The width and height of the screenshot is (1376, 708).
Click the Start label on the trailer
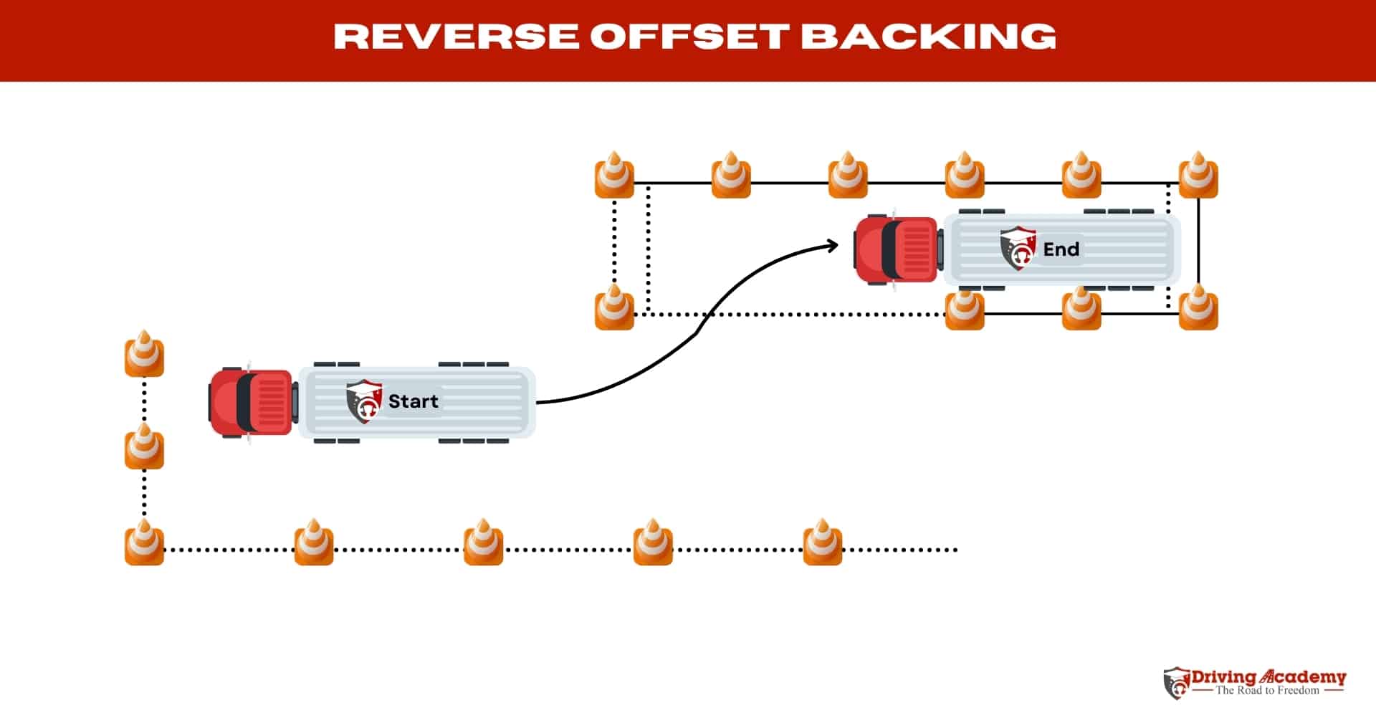click(x=413, y=401)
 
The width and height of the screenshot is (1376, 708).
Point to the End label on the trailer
click(x=1061, y=249)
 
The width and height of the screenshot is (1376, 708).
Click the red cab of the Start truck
click(x=251, y=401)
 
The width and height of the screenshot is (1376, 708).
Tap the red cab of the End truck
click(x=897, y=249)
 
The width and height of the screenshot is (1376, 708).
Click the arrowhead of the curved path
click(x=833, y=246)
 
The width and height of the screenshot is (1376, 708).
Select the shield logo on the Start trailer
click(x=364, y=402)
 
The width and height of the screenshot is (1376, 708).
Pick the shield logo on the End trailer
click(x=1018, y=249)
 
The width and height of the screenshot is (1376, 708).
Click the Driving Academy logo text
click(x=1268, y=677)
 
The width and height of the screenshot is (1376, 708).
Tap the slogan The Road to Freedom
click(x=1267, y=691)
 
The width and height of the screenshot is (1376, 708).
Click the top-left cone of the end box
click(x=614, y=176)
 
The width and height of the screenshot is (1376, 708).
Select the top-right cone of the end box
click(x=1198, y=176)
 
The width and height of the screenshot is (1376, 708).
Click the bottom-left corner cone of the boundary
click(x=144, y=543)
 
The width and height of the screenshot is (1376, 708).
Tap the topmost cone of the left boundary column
click(x=144, y=355)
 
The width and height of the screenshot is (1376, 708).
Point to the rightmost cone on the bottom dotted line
click(x=822, y=543)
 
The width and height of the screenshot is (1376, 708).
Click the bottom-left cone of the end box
click(x=614, y=308)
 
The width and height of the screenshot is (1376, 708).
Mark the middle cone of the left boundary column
click(x=144, y=447)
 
